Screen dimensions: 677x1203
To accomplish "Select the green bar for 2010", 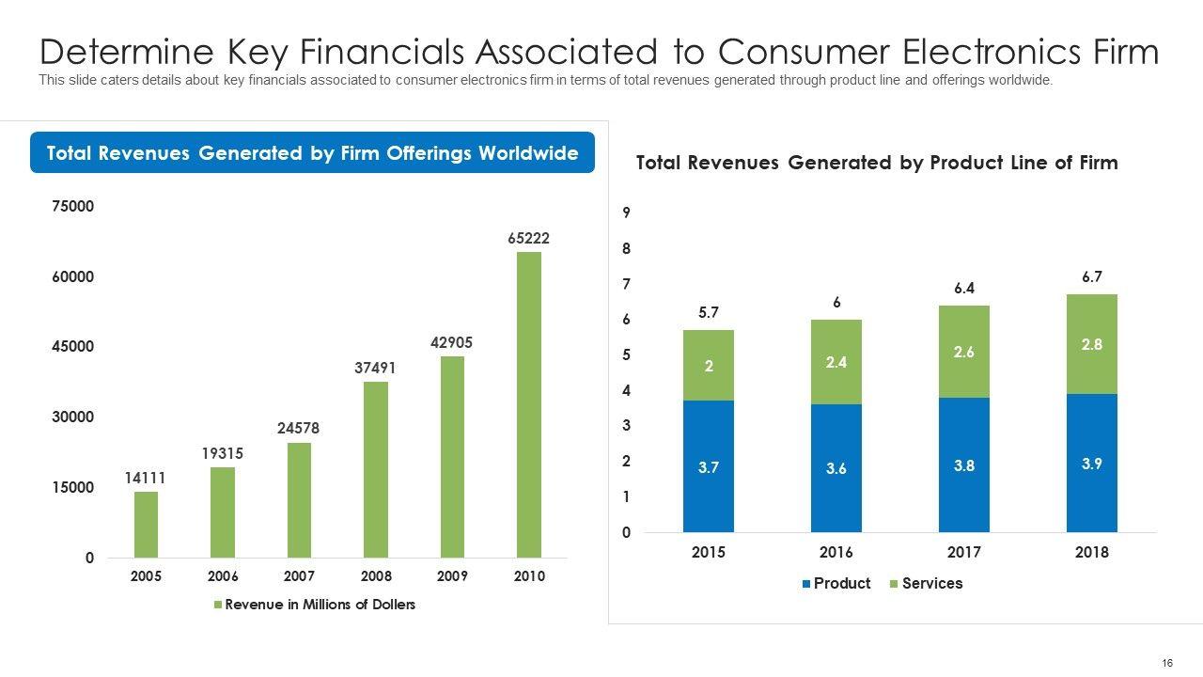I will (529, 404).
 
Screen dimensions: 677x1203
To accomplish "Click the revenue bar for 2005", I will (146, 524).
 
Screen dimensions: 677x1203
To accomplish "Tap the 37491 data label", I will (375, 369).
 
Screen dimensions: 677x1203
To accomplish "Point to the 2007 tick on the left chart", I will (299, 576).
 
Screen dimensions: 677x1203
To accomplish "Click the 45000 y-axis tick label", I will (73, 346).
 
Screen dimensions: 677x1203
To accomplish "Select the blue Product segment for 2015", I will (709, 466).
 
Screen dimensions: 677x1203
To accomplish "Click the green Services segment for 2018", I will (1091, 344).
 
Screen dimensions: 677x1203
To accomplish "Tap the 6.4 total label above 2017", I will (964, 289).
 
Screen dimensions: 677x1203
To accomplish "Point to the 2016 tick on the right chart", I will (836, 552).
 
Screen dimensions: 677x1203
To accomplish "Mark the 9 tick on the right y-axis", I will (626, 213).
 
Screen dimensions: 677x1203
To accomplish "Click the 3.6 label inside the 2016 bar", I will (836, 468).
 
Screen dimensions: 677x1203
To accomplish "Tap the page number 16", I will (1167, 663).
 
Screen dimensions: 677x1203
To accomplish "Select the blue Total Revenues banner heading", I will (312, 152).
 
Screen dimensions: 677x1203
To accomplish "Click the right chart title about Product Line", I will (877, 163).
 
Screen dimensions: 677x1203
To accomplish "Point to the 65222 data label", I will (529, 239).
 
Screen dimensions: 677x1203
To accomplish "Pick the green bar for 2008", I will (375, 469).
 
